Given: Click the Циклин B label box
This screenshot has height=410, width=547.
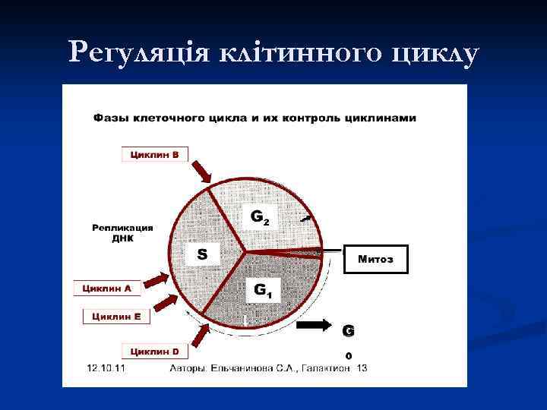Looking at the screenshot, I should tap(155, 155).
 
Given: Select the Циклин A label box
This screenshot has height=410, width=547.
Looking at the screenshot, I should tap(107, 289).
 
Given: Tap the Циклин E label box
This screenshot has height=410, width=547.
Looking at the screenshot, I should tap(116, 317).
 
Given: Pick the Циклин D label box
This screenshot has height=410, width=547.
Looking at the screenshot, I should tap(155, 351).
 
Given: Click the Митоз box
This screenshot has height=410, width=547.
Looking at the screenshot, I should tap(375, 259).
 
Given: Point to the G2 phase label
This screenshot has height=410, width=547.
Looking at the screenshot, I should tap(260, 217).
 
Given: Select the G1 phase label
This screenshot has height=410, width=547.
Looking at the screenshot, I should tap(263, 289).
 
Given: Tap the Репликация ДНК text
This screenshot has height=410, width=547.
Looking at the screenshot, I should tap(122, 232).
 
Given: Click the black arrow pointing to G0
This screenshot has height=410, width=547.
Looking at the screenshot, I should tap(314, 326).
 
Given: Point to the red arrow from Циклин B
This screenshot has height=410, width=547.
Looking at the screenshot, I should tap(203, 171).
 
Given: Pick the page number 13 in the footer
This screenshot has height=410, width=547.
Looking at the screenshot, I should tap(362, 368).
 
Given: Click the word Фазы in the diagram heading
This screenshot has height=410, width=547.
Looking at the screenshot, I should tap(112, 118).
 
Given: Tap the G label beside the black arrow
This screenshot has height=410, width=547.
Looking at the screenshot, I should tap(348, 331).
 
